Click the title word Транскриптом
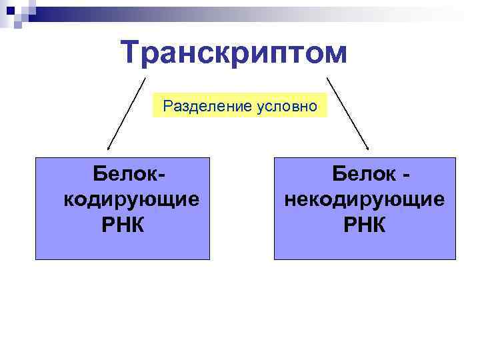tap(234, 53)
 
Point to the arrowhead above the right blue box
tap(367, 147)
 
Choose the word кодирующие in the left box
tap(131, 199)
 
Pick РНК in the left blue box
tap(123, 225)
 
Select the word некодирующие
tap(365, 199)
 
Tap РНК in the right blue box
tap(365, 225)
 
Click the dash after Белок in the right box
tap(405, 175)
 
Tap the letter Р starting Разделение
tap(167, 105)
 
